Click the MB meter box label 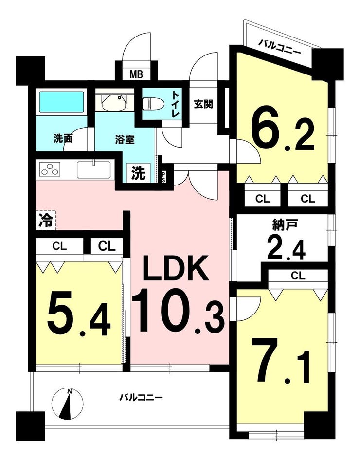click(136, 74)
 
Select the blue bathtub click(61, 102)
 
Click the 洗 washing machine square click(138, 173)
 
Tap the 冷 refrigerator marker click(46, 220)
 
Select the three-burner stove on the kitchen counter click(48, 170)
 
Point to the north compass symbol click(68, 404)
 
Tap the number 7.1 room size click(284, 362)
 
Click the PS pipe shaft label click(163, 177)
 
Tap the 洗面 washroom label click(63, 138)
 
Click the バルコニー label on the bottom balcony click(141, 397)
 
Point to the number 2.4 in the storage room click(286, 248)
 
